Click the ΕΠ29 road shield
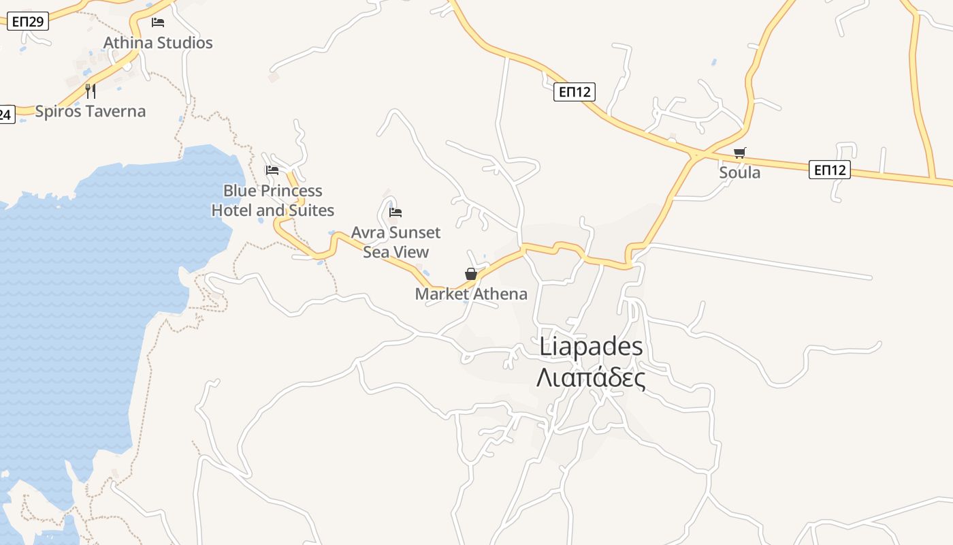[x=28, y=21]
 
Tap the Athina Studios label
[x=158, y=43]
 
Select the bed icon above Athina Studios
[x=158, y=22]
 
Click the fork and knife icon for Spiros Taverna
[x=91, y=91]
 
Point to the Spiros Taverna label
[x=91, y=111]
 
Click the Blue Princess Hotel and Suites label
[x=272, y=200]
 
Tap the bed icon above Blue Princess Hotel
[x=272, y=170]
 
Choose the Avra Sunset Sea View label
[x=395, y=242]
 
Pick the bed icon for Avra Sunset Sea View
[x=395, y=213]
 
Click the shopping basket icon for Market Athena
[x=471, y=274]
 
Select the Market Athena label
[x=471, y=294]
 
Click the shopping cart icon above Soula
[x=740, y=153]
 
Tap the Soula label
[x=740, y=172]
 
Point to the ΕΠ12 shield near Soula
[x=830, y=170]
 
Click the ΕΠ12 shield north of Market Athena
[x=575, y=92]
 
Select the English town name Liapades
[x=591, y=346]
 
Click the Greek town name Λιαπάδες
[x=591, y=377]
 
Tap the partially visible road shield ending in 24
[x=6, y=114]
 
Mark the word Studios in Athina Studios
[x=183, y=43]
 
